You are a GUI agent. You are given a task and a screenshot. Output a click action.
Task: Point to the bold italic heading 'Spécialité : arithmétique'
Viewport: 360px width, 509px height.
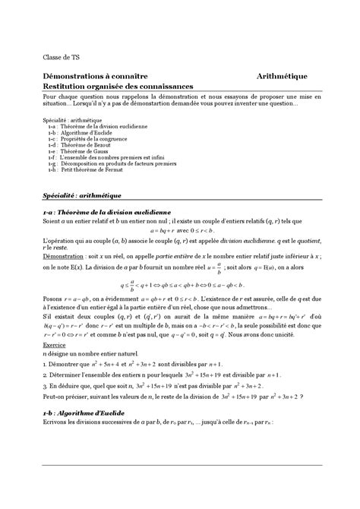[x=79, y=195]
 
